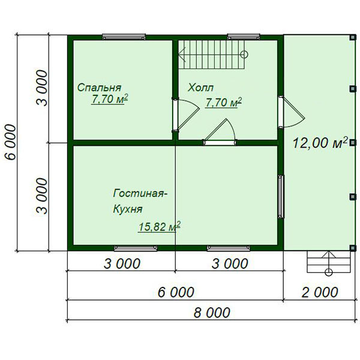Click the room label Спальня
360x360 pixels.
click(99, 88)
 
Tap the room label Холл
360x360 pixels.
click(200, 88)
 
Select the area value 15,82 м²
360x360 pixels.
click(159, 227)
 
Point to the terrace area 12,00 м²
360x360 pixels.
click(320, 143)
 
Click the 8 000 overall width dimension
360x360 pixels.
click(212, 313)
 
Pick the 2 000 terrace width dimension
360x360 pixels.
click(320, 292)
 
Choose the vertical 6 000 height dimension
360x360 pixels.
click(11, 142)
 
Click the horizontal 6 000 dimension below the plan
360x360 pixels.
click(176, 292)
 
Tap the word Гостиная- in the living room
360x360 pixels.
click(140, 193)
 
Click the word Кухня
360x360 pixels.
click(128, 209)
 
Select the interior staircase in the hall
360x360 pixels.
click(213, 55)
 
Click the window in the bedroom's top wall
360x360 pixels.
click(124, 37)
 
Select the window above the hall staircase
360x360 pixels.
click(244, 37)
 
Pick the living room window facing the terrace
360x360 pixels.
click(281, 197)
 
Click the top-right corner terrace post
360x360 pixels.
click(353, 37)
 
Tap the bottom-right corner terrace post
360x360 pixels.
click(353, 247)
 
